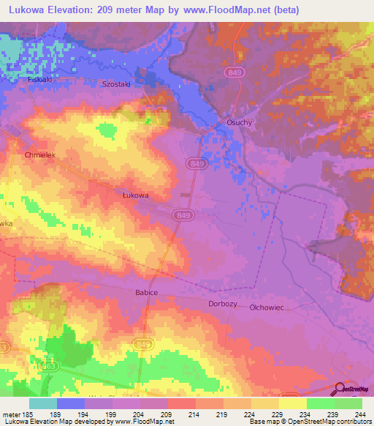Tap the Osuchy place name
(239, 122)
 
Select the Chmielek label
(40, 156)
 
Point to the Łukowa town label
(135, 195)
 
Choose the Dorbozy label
(223, 302)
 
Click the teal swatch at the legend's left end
(43, 403)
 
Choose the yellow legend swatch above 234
(293, 403)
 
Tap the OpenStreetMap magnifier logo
(340, 389)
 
